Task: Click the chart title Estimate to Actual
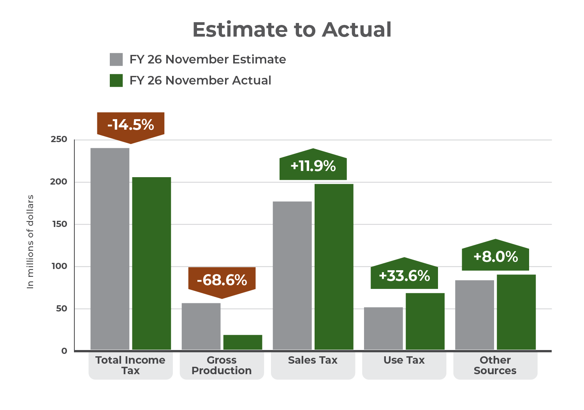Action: [x=292, y=30]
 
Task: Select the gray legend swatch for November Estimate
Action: [x=116, y=60]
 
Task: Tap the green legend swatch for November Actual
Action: [x=116, y=81]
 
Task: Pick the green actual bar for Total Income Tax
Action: [x=151, y=263]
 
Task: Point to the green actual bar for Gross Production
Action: [x=243, y=342]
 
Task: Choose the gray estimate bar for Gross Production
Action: [x=201, y=326]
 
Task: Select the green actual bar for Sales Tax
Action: [x=334, y=266]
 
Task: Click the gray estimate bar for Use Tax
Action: [x=383, y=328]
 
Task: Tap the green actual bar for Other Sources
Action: [x=516, y=312]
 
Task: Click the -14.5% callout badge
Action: [x=131, y=125]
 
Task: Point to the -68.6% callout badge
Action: [x=222, y=280]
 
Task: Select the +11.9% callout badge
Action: [x=313, y=166]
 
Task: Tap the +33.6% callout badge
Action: [x=404, y=276]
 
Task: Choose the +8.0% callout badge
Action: [x=495, y=257]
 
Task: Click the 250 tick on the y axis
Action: [x=59, y=139]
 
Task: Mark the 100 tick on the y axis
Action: [x=59, y=266]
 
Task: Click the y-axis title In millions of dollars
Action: [x=30, y=241]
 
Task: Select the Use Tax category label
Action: [x=404, y=361]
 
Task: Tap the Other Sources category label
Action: [x=495, y=365]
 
